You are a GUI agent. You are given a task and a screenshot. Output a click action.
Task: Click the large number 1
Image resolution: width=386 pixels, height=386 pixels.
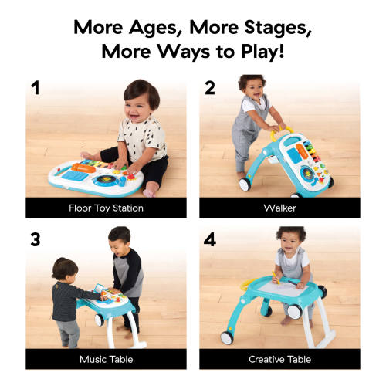35,87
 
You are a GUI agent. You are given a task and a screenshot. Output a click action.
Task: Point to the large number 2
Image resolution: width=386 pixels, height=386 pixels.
209,87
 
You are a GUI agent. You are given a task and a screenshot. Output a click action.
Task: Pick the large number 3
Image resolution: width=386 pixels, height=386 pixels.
35,239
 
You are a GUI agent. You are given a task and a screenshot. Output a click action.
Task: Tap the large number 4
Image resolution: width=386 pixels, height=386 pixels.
209,239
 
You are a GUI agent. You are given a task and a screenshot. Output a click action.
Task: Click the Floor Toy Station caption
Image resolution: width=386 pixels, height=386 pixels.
106,207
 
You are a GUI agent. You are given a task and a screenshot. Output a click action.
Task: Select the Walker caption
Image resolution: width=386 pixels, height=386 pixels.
279,207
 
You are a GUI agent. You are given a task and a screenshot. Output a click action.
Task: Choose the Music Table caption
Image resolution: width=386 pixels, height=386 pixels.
106,359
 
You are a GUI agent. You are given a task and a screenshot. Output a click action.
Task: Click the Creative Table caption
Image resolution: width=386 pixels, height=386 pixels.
279,359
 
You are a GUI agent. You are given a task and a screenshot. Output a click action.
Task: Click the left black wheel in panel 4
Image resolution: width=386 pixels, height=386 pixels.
228,338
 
